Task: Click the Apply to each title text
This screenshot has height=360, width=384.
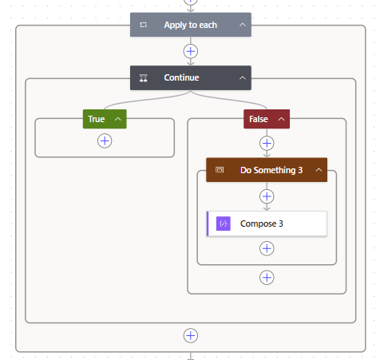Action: (190, 25)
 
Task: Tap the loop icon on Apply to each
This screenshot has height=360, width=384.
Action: (144, 25)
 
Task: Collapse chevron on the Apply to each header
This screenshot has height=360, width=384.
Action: (243, 25)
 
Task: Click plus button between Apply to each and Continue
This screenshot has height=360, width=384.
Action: (190, 51)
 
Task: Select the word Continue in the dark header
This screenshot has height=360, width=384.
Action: (181, 77)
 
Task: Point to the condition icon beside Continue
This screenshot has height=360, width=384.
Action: (144, 77)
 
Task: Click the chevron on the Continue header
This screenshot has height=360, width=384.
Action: (243, 77)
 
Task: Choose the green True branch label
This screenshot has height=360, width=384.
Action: (97, 119)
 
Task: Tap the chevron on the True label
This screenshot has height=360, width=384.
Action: (118, 119)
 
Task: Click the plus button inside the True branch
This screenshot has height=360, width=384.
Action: (105, 140)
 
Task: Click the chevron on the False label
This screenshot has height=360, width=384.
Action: (279, 119)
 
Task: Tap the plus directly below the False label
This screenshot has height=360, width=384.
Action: (267, 143)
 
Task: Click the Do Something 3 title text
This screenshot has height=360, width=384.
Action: (271, 170)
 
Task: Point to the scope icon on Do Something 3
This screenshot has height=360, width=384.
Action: (220, 170)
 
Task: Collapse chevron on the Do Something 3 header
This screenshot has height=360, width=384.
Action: (319, 170)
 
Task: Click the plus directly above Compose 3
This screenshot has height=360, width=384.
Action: (267, 196)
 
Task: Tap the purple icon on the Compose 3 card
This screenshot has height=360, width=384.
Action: (224, 224)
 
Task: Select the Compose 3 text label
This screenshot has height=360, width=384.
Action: (262, 224)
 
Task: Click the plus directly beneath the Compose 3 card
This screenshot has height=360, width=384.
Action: (267, 248)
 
